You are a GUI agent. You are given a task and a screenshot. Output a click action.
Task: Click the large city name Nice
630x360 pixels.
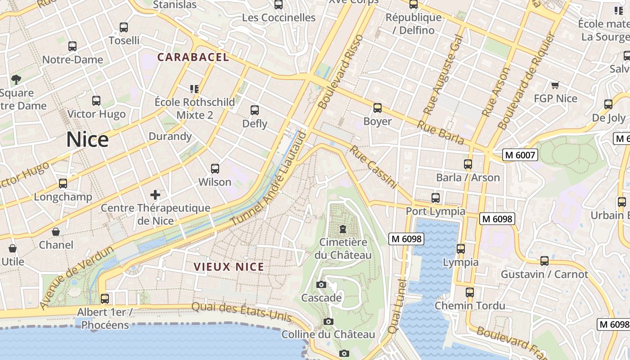pos(87,140)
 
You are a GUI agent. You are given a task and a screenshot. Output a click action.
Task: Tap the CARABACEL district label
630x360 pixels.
pos(193,57)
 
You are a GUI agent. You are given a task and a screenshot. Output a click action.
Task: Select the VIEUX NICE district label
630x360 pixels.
pos(229,267)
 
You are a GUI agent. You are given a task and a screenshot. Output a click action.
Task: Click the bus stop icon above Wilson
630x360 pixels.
pos(215,169)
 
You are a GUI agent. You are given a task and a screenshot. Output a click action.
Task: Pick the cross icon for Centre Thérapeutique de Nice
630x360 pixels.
pos(155,195)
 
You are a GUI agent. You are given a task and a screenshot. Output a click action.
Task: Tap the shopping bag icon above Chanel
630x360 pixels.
pos(56,232)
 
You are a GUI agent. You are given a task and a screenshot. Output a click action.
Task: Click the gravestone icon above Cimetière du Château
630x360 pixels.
pos(343,229)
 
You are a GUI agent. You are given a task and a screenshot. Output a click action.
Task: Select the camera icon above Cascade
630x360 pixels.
pos(321,284)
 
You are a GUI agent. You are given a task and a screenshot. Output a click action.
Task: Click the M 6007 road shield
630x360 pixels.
pos(520,155)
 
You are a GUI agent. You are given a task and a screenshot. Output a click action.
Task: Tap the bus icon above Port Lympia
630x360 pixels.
pos(435,198)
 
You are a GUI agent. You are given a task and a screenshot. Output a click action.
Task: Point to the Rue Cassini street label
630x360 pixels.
pos(373,167)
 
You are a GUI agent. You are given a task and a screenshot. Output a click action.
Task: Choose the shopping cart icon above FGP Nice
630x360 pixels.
pos(555,85)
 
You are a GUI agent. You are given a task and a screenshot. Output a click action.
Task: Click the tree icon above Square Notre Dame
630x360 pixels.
pos(16,80)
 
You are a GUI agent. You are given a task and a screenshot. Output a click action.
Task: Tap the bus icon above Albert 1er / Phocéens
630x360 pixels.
pos(105,298)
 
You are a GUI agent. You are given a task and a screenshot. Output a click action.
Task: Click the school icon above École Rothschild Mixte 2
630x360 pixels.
pos(194,89)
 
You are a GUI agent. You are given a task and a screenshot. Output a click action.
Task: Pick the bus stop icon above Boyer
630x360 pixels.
pos(377,108)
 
